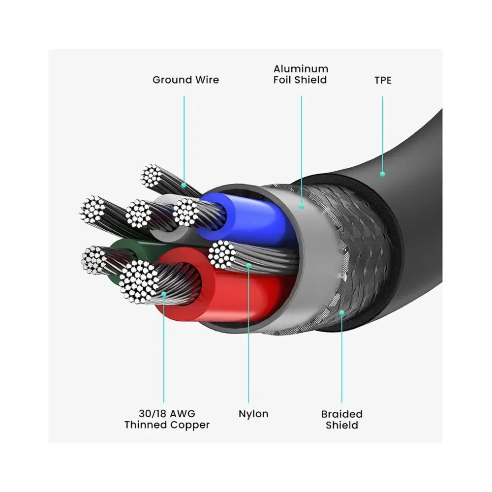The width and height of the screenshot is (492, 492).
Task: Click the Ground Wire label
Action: click(185, 80)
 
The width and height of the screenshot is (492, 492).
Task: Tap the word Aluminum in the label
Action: click(301, 68)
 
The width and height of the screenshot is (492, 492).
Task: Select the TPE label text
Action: click(383, 80)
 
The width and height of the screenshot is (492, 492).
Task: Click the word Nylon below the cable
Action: click(253, 414)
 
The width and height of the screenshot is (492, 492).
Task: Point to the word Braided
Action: click(341, 414)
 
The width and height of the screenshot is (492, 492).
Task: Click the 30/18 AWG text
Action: click(167, 414)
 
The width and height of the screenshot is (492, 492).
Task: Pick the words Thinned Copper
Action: click(167, 425)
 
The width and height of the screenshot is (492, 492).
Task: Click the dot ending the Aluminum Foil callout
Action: click(301, 207)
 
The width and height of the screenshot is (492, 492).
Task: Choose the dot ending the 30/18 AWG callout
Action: click(163, 294)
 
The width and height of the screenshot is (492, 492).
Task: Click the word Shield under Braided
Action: click(341, 425)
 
